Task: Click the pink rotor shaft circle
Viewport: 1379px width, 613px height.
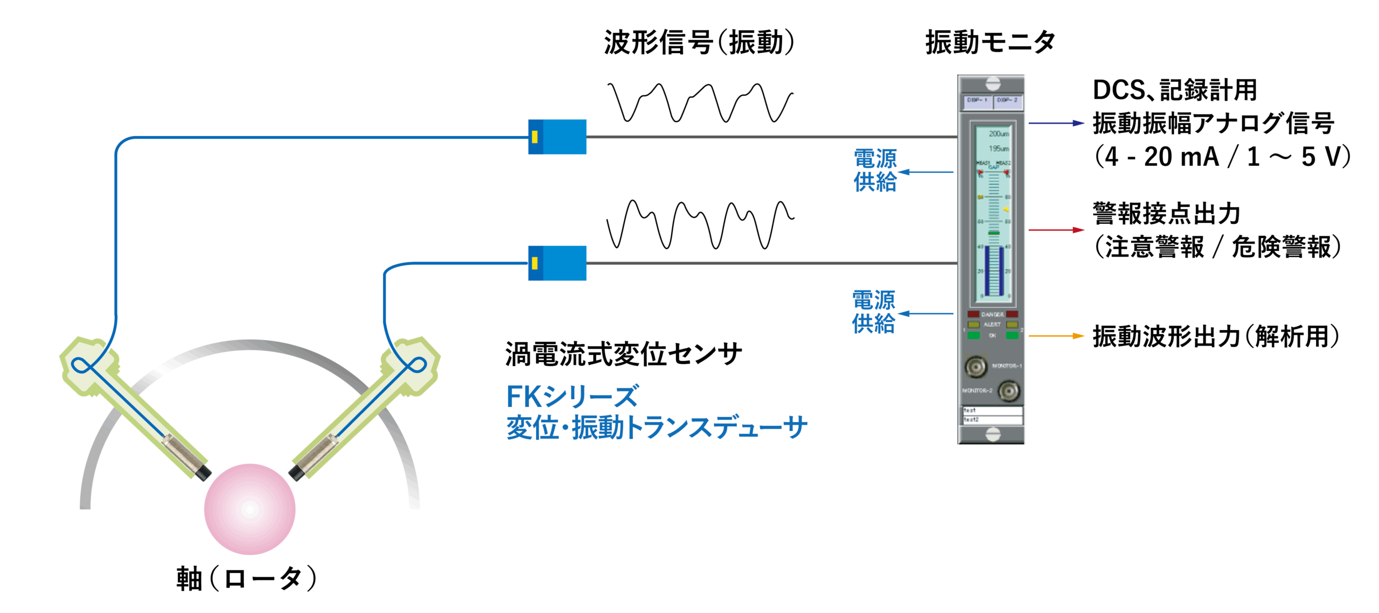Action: pyautogui.click(x=249, y=509)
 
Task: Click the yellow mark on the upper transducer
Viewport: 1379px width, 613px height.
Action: pyautogui.click(x=534, y=137)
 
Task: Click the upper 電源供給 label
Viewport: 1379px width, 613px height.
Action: pyautogui.click(x=875, y=171)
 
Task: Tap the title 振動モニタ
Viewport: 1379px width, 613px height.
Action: pyautogui.click(x=990, y=42)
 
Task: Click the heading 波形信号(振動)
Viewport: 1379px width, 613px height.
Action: pyautogui.click(x=699, y=42)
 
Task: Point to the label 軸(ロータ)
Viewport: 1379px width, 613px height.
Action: pyautogui.click(x=247, y=579)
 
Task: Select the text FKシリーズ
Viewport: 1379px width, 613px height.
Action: pyautogui.click(x=572, y=397)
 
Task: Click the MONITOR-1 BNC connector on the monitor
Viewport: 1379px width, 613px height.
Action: pyautogui.click(x=976, y=366)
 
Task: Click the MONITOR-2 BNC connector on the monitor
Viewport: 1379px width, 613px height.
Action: pyautogui.click(x=1008, y=391)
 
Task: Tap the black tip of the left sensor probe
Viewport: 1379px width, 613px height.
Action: pyautogui.click(x=203, y=473)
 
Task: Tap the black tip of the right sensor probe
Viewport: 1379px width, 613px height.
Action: pyautogui.click(x=296, y=473)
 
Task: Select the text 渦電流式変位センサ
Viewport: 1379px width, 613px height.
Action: pyautogui.click(x=623, y=354)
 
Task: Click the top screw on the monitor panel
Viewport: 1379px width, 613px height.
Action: pyautogui.click(x=992, y=83)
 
